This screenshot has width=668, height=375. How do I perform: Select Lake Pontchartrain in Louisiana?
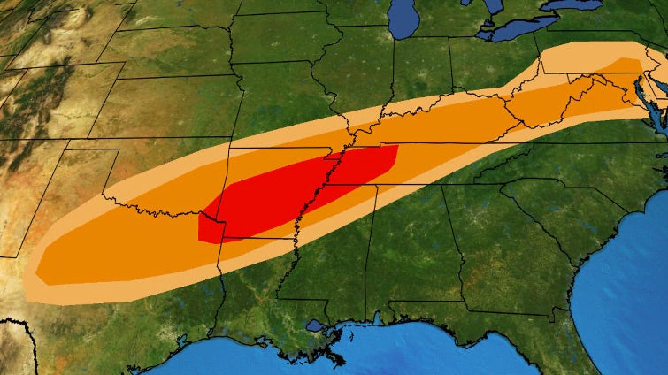coord(314,325)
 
